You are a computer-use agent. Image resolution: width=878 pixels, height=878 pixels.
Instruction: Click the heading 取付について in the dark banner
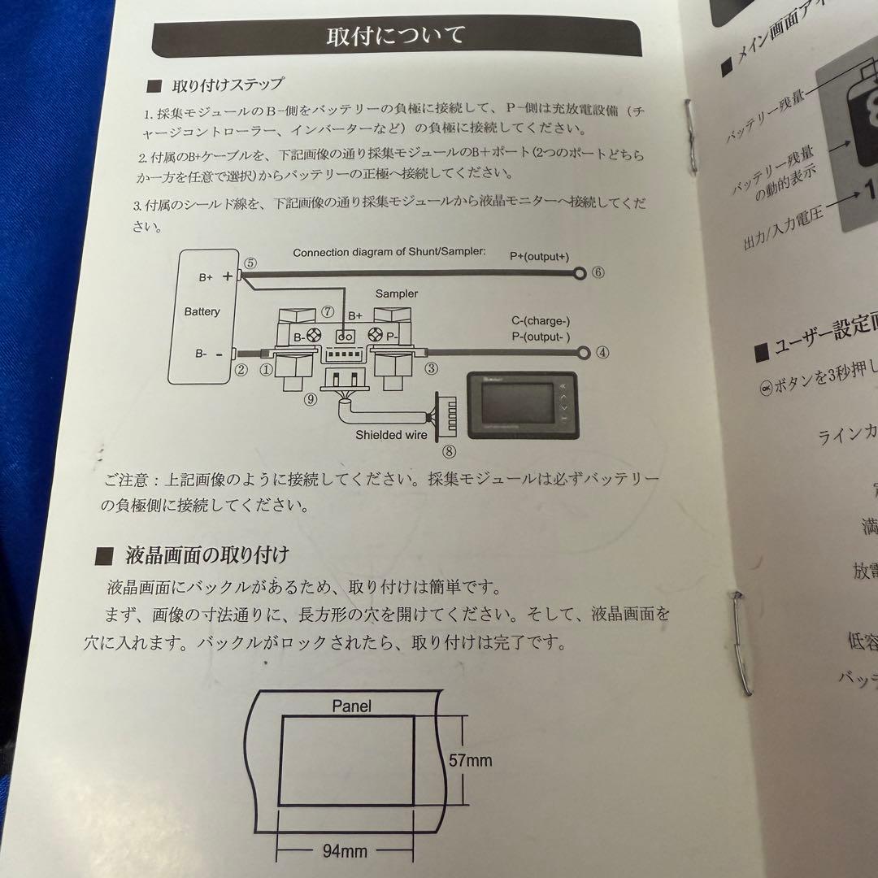click(396, 37)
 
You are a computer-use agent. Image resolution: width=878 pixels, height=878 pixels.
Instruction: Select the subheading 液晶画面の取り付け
click(206, 556)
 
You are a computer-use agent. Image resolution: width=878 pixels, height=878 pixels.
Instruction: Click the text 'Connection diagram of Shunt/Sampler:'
click(389, 253)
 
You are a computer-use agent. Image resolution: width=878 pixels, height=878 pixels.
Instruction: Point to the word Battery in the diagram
click(202, 311)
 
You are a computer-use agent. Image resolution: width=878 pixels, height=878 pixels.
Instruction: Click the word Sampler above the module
click(396, 293)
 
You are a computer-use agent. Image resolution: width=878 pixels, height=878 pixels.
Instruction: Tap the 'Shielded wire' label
click(391, 435)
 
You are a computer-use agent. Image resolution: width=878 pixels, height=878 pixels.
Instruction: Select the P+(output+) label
click(539, 256)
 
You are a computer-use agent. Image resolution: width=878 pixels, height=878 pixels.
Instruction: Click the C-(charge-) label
click(541, 321)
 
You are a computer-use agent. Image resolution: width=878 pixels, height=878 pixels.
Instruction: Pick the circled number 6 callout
click(598, 273)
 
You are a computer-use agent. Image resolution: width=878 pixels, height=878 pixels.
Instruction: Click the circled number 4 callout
click(602, 353)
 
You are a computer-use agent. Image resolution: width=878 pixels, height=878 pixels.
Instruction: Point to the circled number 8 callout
click(449, 452)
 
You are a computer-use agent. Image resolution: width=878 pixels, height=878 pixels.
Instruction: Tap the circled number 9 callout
click(310, 399)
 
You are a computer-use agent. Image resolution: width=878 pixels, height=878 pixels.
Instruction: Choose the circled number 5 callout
click(250, 263)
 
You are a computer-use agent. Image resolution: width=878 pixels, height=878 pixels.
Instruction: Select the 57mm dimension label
click(470, 761)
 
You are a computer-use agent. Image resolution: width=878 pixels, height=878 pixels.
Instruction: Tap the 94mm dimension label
click(345, 851)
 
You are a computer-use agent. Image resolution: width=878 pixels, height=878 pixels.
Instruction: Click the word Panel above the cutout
click(351, 706)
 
